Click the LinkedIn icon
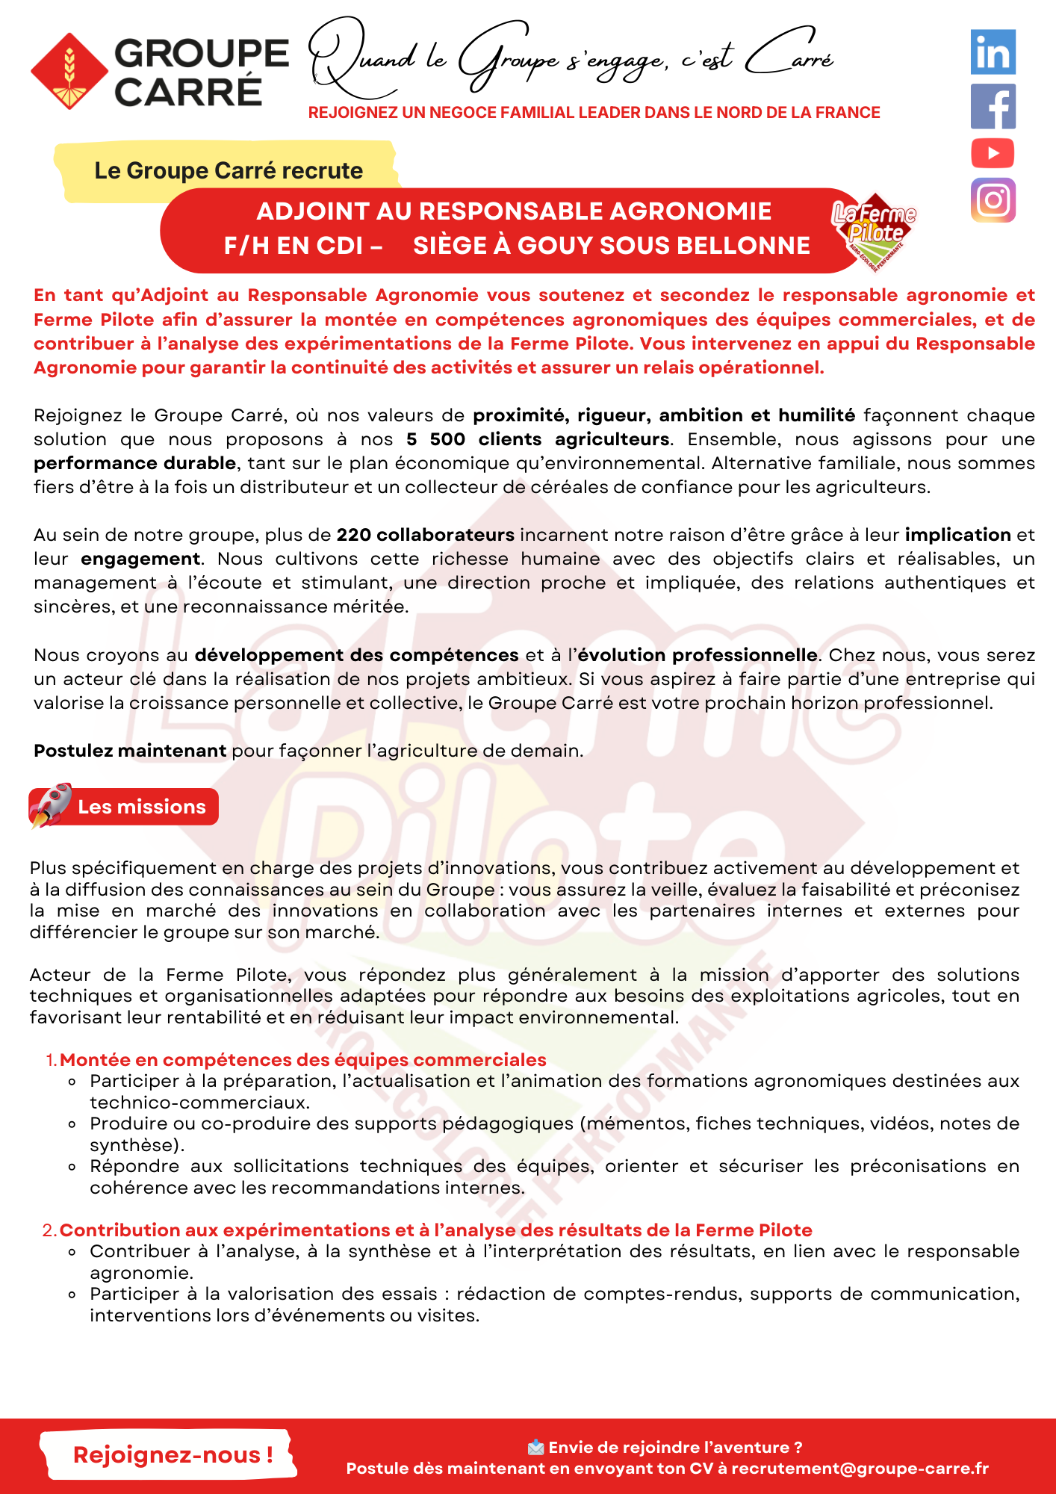pos(993,52)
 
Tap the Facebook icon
pos(993,106)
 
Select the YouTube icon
pos(993,153)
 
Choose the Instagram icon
pos(993,200)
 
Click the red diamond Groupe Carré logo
pos(69,72)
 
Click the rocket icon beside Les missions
pos(50,805)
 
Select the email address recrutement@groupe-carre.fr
pos(860,1468)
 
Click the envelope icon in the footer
pos(535,1448)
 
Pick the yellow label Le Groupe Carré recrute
pos(228,170)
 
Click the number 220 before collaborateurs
pos(354,535)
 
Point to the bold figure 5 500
pos(436,439)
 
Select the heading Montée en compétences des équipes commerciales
pos(302,1059)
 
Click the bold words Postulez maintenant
pos(130,751)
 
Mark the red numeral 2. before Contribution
pos(49,1230)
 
